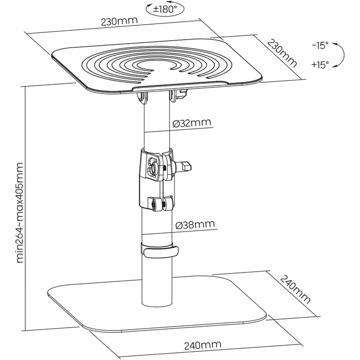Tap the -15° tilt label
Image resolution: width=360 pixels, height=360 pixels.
(319, 46)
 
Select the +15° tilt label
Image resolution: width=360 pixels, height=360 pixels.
(319, 65)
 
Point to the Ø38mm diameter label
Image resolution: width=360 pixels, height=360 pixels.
(194, 225)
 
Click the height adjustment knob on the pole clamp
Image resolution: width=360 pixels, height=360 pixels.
(184, 166)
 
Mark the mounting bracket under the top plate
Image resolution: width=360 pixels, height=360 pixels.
(160, 94)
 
